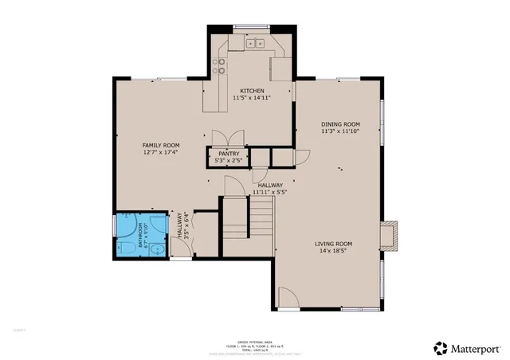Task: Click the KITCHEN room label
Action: (x=253, y=91)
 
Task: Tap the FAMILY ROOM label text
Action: (x=159, y=145)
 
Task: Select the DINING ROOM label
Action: (x=340, y=124)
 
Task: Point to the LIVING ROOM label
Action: (x=333, y=244)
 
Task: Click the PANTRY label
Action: (x=229, y=153)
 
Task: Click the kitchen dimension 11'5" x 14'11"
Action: (x=253, y=98)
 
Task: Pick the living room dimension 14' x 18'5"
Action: (x=333, y=251)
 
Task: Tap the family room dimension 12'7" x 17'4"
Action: (x=159, y=152)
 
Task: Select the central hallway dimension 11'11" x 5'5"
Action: (x=269, y=192)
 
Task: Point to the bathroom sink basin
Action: (x=158, y=248)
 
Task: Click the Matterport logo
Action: (x=466, y=347)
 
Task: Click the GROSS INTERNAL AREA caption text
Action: (x=254, y=339)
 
